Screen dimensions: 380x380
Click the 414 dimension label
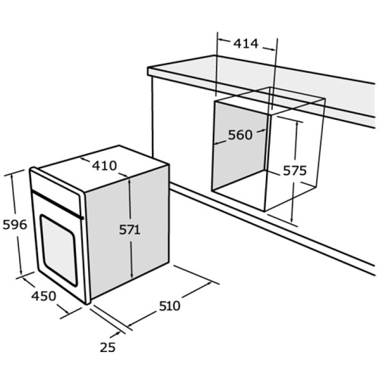click(246, 44)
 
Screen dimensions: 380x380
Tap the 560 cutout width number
click(240, 135)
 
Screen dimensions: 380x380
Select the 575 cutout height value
click(294, 170)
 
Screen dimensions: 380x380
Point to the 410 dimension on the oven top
click(104, 166)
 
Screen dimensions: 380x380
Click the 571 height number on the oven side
click(130, 230)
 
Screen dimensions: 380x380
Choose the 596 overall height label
click(15, 225)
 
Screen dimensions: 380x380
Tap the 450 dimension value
click(44, 296)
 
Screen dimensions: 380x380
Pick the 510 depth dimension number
click(169, 306)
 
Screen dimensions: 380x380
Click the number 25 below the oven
click(108, 347)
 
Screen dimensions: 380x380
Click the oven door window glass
click(59, 250)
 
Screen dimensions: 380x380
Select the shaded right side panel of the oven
click(128, 232)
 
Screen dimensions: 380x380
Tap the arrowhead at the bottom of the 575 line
click(291, 220)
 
